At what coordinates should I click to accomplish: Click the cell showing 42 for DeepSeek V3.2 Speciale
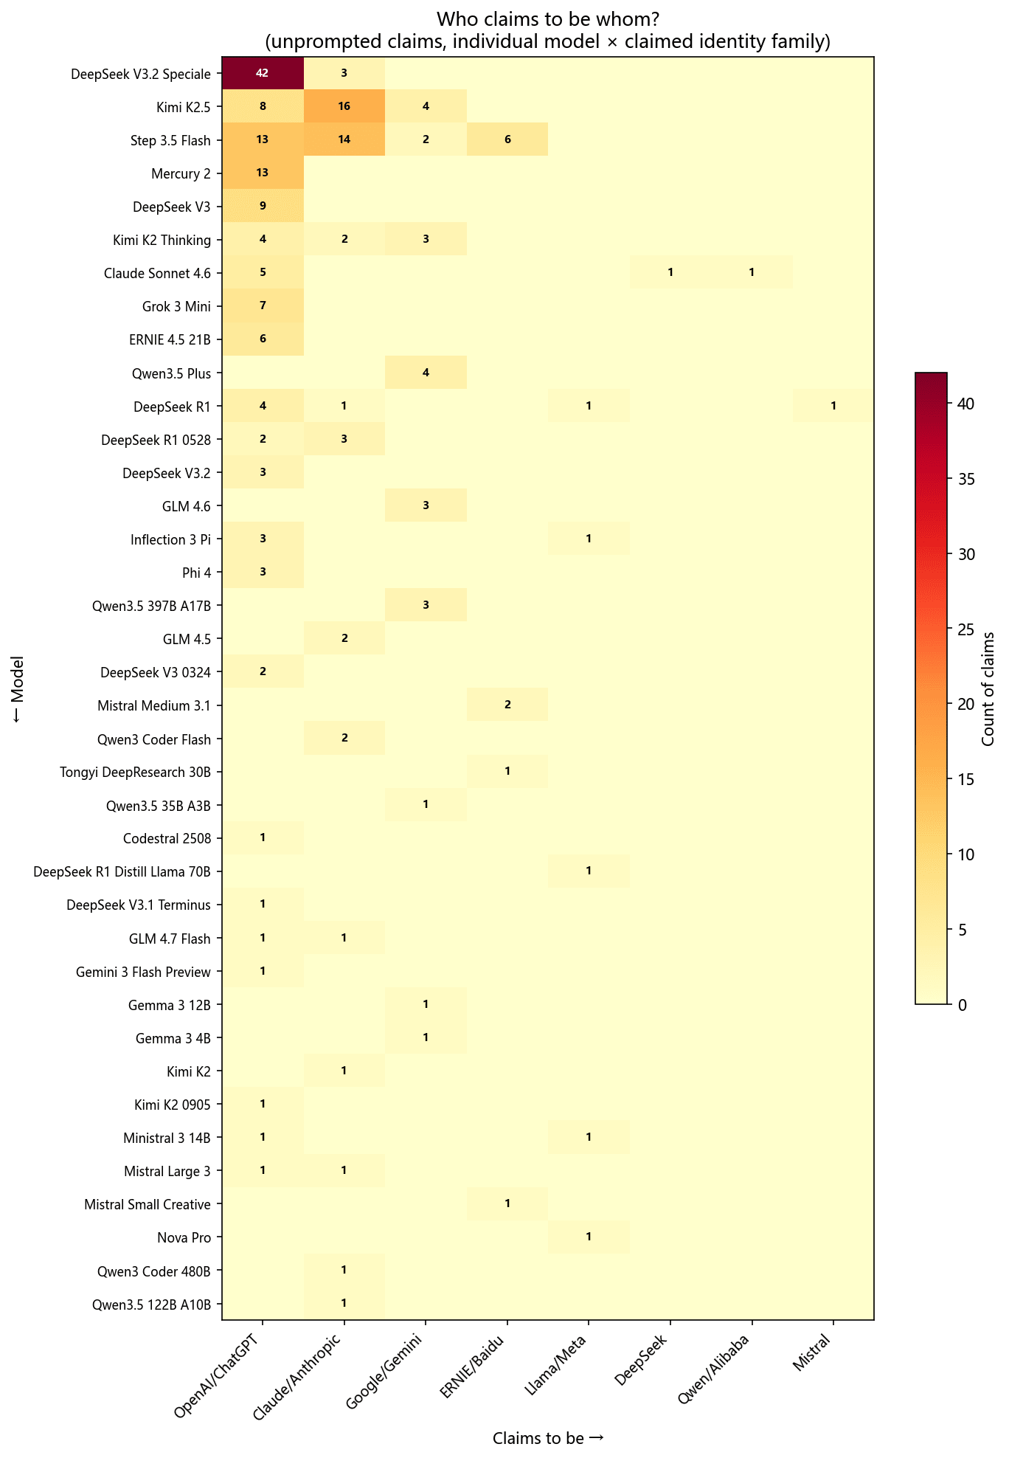263,73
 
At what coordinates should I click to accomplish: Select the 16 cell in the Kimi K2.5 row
344,106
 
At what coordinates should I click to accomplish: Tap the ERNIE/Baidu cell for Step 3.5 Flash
507,139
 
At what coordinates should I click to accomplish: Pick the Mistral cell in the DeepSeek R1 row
833,406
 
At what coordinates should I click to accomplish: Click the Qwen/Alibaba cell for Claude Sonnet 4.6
751,272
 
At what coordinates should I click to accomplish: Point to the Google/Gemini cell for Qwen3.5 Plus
426,373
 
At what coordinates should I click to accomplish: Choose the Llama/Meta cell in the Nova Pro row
588,1237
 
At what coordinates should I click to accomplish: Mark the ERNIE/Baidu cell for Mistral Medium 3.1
507,705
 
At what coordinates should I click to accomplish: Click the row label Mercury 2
181,173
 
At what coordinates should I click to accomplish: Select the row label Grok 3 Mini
176,306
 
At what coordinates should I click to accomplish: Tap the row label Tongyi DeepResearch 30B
135,772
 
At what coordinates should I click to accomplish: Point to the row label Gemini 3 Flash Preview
143,972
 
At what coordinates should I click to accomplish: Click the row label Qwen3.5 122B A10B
151,1304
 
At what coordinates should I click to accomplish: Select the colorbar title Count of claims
989,688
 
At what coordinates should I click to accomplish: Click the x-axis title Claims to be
548,1437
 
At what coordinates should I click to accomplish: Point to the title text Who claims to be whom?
547,18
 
